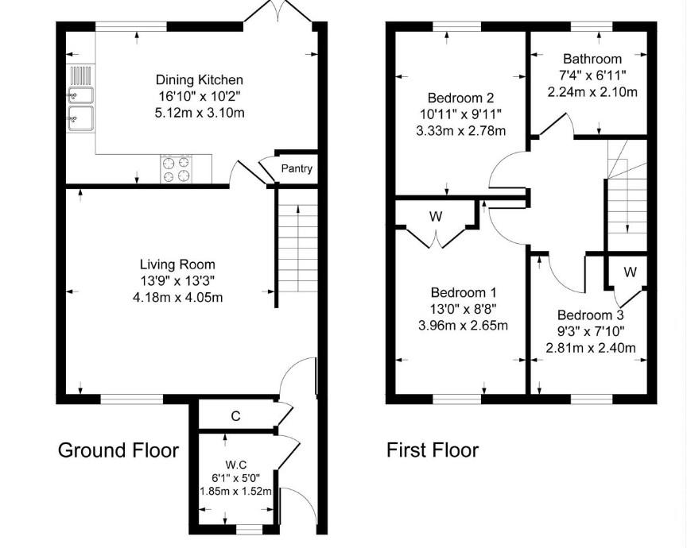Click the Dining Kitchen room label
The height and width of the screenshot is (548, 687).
(200, 79)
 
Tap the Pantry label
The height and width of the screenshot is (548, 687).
(297, 168)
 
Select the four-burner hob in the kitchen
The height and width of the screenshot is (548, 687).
(177, 169)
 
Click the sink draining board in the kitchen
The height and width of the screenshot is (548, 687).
(80, 75)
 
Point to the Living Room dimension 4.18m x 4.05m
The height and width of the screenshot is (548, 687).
(177, 298)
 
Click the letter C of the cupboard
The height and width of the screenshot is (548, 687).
(235, 416)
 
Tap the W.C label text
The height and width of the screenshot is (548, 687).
(235, 465)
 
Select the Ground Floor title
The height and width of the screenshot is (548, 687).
(118, 450)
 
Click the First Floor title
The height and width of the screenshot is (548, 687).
(433, 450)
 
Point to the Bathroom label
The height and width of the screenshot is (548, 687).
(592, 59)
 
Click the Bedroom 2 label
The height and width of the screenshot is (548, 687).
(461, 98)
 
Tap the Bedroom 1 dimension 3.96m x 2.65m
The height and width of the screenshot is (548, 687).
(463, 326)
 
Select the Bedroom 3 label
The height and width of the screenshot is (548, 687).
(591, 315)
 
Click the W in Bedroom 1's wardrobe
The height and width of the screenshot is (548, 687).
(436, 216)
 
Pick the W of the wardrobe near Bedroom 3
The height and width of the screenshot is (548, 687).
(630, 272)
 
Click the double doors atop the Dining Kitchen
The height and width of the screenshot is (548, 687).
(278, 11)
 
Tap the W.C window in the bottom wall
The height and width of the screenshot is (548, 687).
(249, 531)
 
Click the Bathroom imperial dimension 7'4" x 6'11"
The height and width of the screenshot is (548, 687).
(592, 75)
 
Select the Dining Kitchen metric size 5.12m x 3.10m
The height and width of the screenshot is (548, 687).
(200, 113)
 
